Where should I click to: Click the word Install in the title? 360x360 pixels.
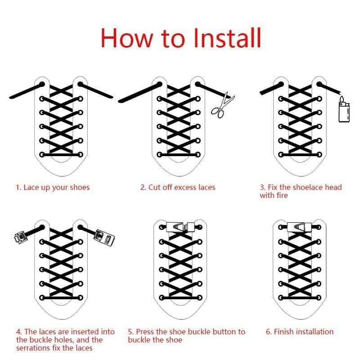point(227,38)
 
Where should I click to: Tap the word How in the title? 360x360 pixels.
point(127,38)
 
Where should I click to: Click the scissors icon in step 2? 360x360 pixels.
point(222,105)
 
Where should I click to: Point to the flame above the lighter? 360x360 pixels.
point(342,99)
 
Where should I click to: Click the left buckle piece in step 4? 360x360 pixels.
point(21,237)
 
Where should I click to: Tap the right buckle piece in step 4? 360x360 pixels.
point(104,238)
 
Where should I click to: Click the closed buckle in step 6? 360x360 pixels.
point(299,227)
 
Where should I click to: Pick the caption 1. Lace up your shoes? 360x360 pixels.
point(53,188)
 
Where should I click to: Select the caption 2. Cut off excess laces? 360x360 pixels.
point(178,187)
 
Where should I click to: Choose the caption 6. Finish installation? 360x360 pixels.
point(300,332)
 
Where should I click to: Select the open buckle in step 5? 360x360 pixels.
point(181,227)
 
